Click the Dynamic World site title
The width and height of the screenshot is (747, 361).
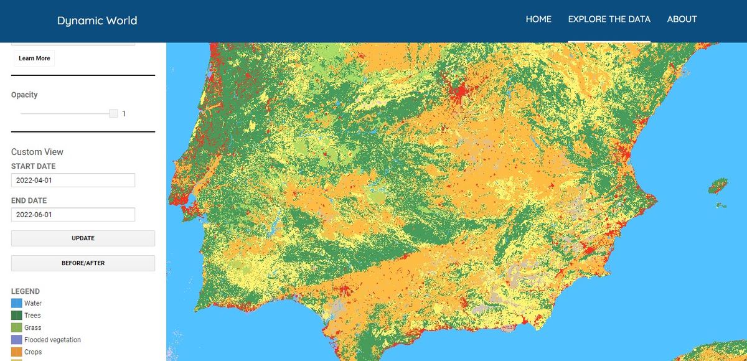(x=97, y=21)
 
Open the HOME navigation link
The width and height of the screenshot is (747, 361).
(x=538, y=19)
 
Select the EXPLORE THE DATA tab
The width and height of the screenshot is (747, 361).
(x=609, y=19)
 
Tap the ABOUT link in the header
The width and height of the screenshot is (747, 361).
(x=682, y=19)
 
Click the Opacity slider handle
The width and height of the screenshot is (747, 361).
(x=113, y=113)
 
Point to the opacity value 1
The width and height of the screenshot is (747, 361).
(x=124, y=114)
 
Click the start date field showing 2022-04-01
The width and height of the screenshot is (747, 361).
(x=73, y=180)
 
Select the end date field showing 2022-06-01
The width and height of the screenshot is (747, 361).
(x=73, y=214)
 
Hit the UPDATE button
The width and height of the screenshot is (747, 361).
(x=83, y=238)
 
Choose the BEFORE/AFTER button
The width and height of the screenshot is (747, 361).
(x=83, y=263)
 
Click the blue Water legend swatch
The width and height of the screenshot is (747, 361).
(x=16, y=303)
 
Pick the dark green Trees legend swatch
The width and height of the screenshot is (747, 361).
(x=16, y=316)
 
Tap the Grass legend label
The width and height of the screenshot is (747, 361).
(x=33, y=327)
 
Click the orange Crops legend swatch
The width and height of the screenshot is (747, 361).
(x=16, y=352)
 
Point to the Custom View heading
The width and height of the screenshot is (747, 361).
(x=37, y=152)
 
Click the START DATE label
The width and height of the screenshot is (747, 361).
(x=33, y=166)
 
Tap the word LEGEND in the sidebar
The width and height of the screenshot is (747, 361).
(x=26, y=291)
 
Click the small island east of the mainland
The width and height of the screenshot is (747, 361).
(x=718, y=185)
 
